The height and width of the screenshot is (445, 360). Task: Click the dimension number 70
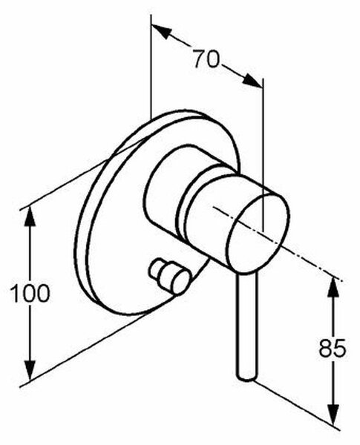206,59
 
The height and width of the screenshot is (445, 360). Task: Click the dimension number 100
30,294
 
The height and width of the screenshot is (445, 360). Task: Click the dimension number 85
332,348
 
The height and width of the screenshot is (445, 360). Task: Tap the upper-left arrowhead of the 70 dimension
161,31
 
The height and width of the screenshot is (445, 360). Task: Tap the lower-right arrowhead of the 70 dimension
252,80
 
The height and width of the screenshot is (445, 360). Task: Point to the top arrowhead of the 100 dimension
30,217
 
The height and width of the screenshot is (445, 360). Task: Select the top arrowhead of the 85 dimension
333,288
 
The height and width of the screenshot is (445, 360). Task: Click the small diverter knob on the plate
169,277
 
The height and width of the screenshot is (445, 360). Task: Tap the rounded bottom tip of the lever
246,377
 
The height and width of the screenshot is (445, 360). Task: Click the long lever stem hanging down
246,326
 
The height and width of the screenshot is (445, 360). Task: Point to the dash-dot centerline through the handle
278,244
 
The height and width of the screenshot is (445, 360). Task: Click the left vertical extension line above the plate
151,67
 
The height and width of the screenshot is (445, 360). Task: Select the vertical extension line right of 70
264,155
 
